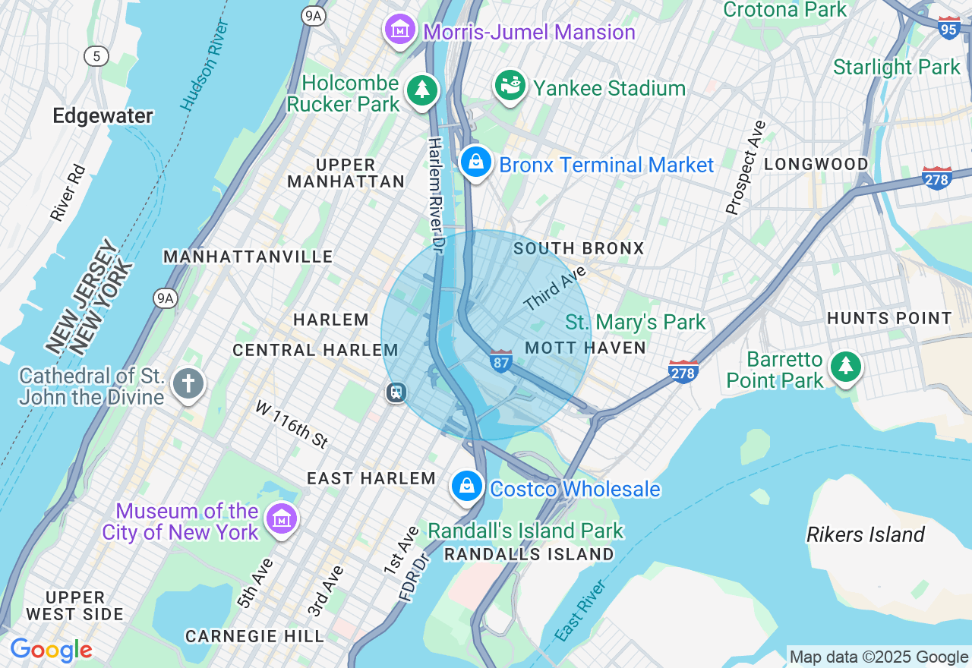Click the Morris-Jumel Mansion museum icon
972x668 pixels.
(400, 30)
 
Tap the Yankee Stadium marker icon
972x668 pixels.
(510, 85)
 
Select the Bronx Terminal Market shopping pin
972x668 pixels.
(475, 162)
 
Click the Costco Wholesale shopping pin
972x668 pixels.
(467, 486)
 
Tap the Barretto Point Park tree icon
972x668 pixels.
(844, 367)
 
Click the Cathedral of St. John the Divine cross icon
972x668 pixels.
(188, 384)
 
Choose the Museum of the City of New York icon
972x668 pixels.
(282, 520)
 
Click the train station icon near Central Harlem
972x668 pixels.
(396, 392)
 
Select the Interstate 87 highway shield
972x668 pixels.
(500, 361)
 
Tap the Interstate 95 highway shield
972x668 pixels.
(948, 28)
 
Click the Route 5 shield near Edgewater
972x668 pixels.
(96, 55)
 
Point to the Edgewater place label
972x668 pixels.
(103, 115)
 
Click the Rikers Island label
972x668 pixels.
(865, 534)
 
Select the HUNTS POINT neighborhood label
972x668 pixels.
(889, 319)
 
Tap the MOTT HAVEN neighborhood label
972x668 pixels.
(585, 348)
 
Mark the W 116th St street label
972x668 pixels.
(291, 424)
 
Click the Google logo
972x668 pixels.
(51, 650)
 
